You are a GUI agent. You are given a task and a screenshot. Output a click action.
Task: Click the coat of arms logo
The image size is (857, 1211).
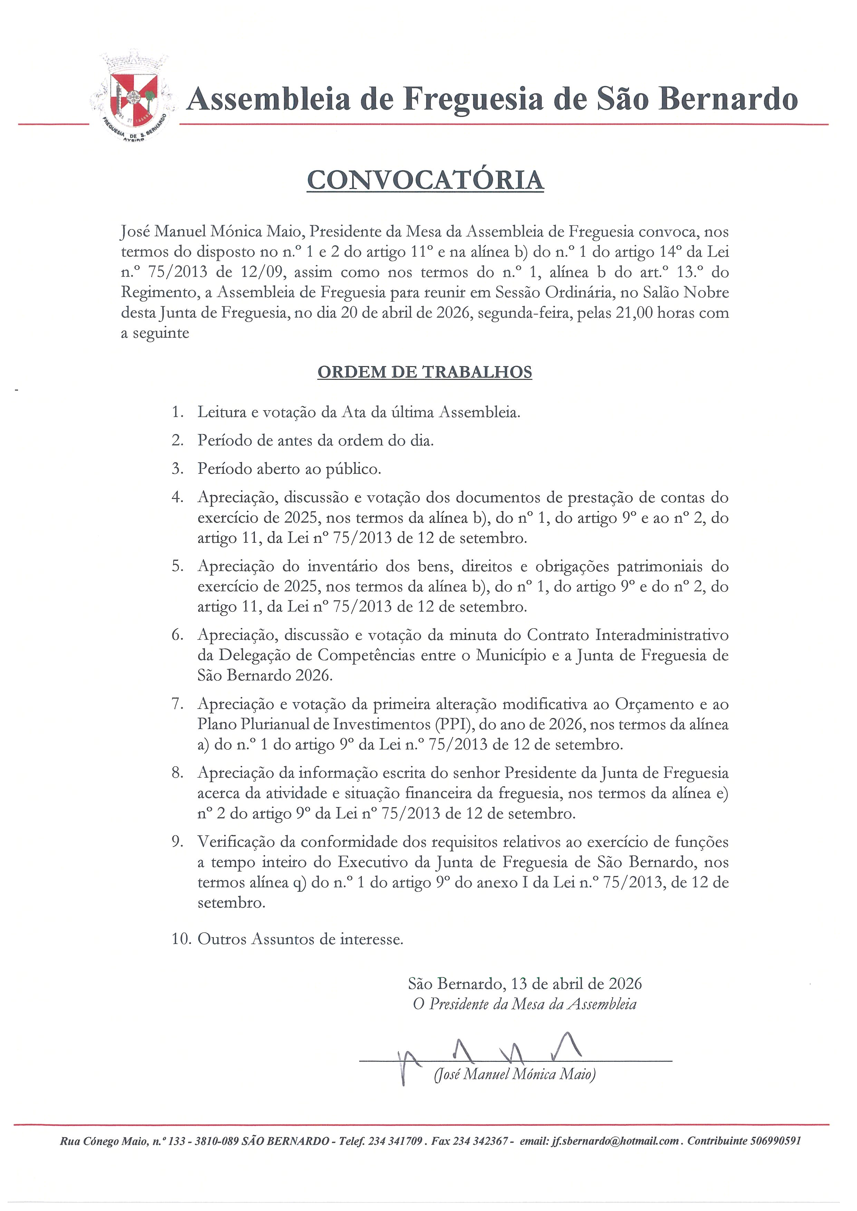[133, 98]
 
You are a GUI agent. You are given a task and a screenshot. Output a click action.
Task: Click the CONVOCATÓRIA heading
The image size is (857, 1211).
[425, 180]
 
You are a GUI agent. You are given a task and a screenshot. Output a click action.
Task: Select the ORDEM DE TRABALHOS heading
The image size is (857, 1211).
[425, 372]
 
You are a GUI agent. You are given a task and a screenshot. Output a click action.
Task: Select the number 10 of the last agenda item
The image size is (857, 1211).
[180, 939]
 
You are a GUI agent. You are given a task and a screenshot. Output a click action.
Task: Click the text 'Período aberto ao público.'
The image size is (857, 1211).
[289, 469]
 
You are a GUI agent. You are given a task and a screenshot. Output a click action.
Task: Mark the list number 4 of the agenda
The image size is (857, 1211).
[177, 498]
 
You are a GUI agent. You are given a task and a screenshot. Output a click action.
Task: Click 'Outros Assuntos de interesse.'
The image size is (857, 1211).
[300, 939]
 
